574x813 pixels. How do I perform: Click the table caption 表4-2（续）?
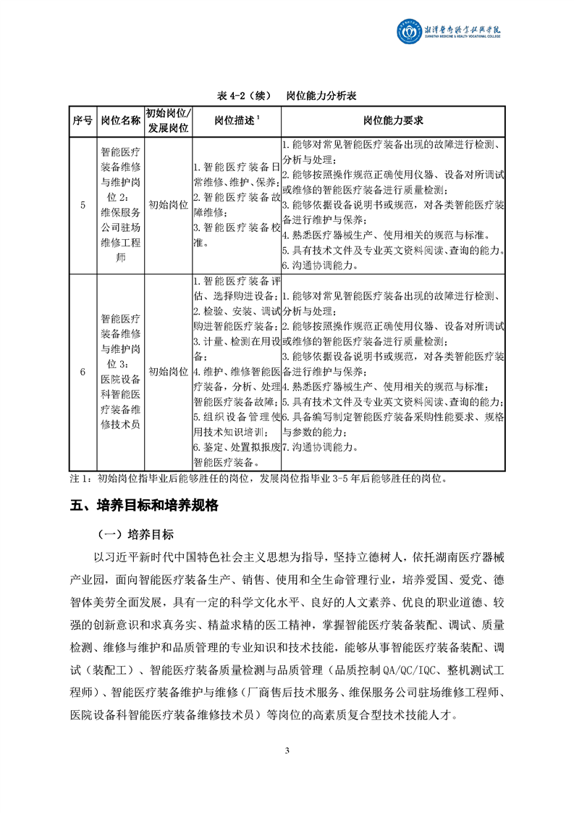point(245,96)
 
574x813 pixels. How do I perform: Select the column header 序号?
point(83,120)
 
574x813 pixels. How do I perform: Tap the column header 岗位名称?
point(120,120)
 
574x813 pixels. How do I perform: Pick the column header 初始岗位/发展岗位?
point(168,120)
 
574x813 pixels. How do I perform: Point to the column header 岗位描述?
point(237,120)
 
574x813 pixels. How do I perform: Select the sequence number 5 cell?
point(83,205)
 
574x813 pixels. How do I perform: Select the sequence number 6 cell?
point(83,372)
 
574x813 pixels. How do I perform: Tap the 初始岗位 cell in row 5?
point(168,205)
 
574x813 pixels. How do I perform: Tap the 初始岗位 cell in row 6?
point(168,372)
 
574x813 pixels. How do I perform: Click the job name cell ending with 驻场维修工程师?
point(120,205)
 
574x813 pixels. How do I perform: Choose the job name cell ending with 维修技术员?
point(120,372)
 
